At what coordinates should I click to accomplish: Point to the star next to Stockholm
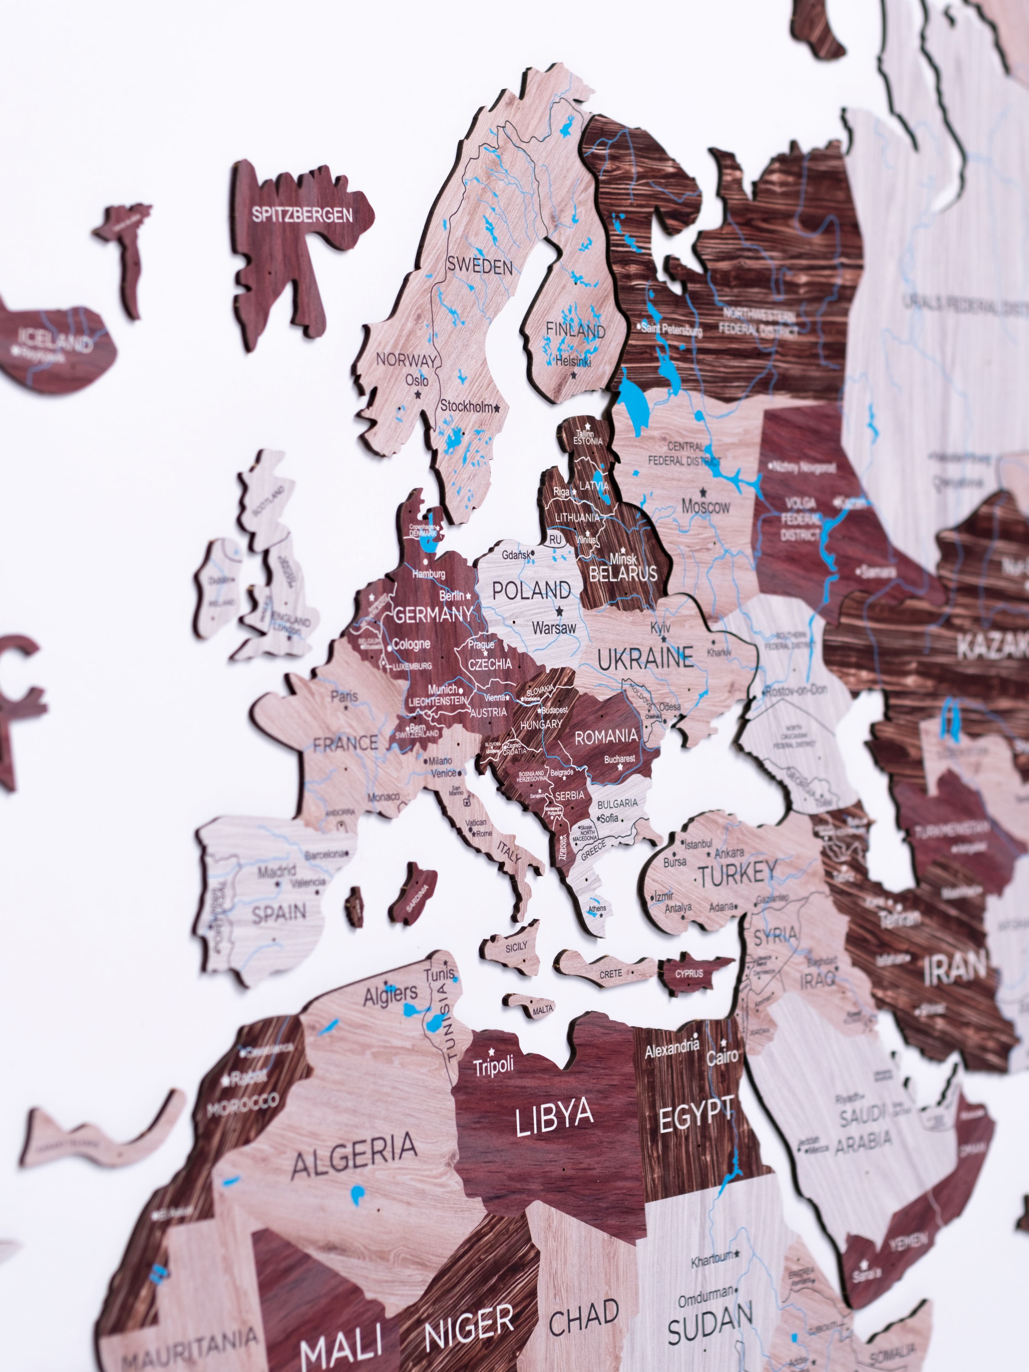click(497, 408)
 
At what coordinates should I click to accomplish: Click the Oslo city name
click(416, 380)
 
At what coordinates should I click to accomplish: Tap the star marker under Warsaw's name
click(559, 611)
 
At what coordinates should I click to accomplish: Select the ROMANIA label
click(606, 736)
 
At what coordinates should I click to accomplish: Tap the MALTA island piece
click(542, 1010)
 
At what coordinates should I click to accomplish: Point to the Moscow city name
click(706, 507)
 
